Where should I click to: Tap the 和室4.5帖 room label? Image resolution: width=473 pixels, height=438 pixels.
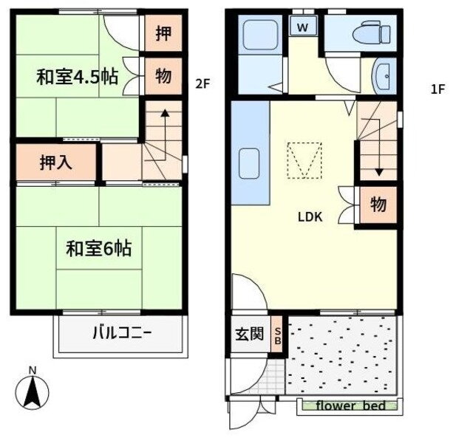click(x=77, y=77)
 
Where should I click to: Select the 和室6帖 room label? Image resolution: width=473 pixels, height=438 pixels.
click(x=98, y=248)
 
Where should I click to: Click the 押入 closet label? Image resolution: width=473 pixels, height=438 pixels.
click(x=56, y=162)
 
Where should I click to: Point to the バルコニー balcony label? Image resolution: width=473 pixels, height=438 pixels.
click(x=121, y=334)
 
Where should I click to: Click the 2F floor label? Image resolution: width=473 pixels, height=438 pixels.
click(x=202, y=83)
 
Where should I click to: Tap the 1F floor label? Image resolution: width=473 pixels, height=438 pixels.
click(x=438, y=89)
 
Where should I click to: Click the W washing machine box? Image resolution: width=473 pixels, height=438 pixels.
click(x=302, y=26)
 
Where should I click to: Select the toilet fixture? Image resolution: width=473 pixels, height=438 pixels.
click(x=371, y=31)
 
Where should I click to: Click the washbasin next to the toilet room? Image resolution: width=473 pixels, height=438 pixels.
click(x=384, y=75)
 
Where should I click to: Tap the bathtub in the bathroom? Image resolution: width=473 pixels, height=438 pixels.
click(x=260, y=35)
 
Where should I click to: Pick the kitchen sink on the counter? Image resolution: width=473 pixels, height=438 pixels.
click(x=249, y=163)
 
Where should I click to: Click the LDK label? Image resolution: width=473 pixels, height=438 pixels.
click(x=310, y=217)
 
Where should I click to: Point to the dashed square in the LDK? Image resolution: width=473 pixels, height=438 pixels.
click(x=304, y=160)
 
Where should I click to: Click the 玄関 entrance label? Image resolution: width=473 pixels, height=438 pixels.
click(x=250, y=334)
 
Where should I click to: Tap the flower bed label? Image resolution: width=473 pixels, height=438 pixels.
click(x=351, y=406)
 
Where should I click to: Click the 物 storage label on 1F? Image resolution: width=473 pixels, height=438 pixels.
click(x=378, y=204)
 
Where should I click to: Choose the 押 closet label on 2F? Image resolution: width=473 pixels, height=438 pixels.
click(x=163, y=32)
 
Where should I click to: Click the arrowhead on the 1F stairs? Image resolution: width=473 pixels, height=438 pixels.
click(x=379, y=172)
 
